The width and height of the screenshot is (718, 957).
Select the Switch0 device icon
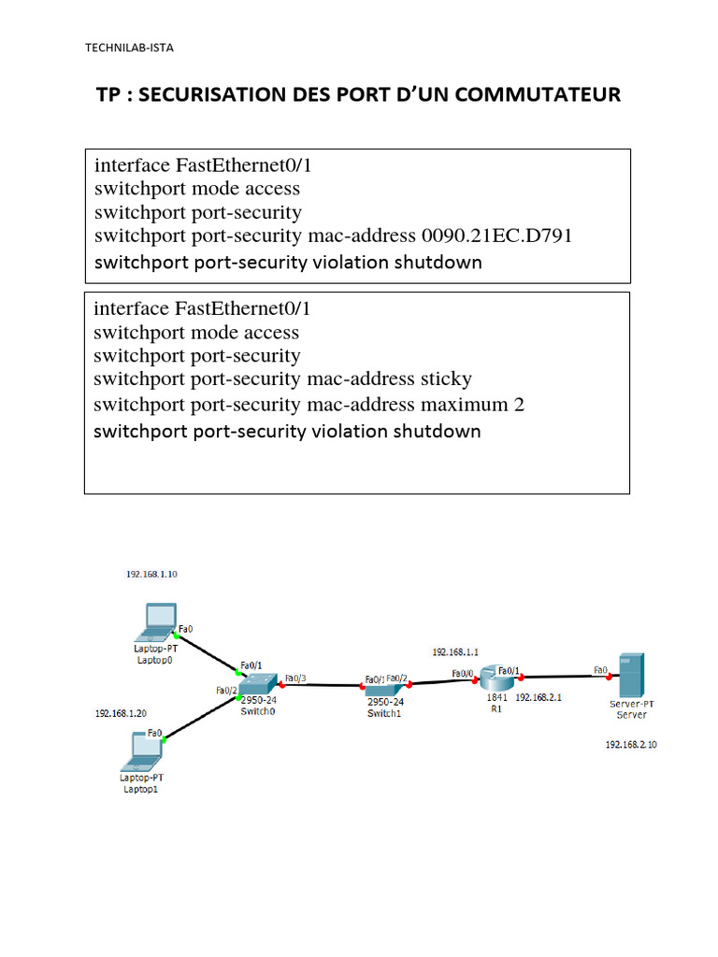pyautogui.click(x=259, y=684)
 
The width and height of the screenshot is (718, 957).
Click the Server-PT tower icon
pyautogui.click(x=631, y=675)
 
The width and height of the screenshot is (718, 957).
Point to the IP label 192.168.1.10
pyautogui.click(x=151, y=575)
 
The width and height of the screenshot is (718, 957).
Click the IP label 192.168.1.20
pyautogui.click(x=121, y=713)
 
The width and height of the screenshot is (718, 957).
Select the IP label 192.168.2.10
pyautogui.click(x=631, y=745)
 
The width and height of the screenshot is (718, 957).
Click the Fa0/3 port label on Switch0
pyautogui.click(x=294, y=678)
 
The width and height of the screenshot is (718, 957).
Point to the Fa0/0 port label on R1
pyautogui.click(x=462, y=673)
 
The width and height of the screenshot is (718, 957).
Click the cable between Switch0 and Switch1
pyautogui.click(x=323, y=686)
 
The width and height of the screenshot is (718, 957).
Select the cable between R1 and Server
pyautogui.click(x=556, y=676)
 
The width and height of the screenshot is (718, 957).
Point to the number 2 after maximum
pyautogui.click(x=519, y=405)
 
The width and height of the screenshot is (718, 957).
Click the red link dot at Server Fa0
pyautogui.click(x=612, y=674)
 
